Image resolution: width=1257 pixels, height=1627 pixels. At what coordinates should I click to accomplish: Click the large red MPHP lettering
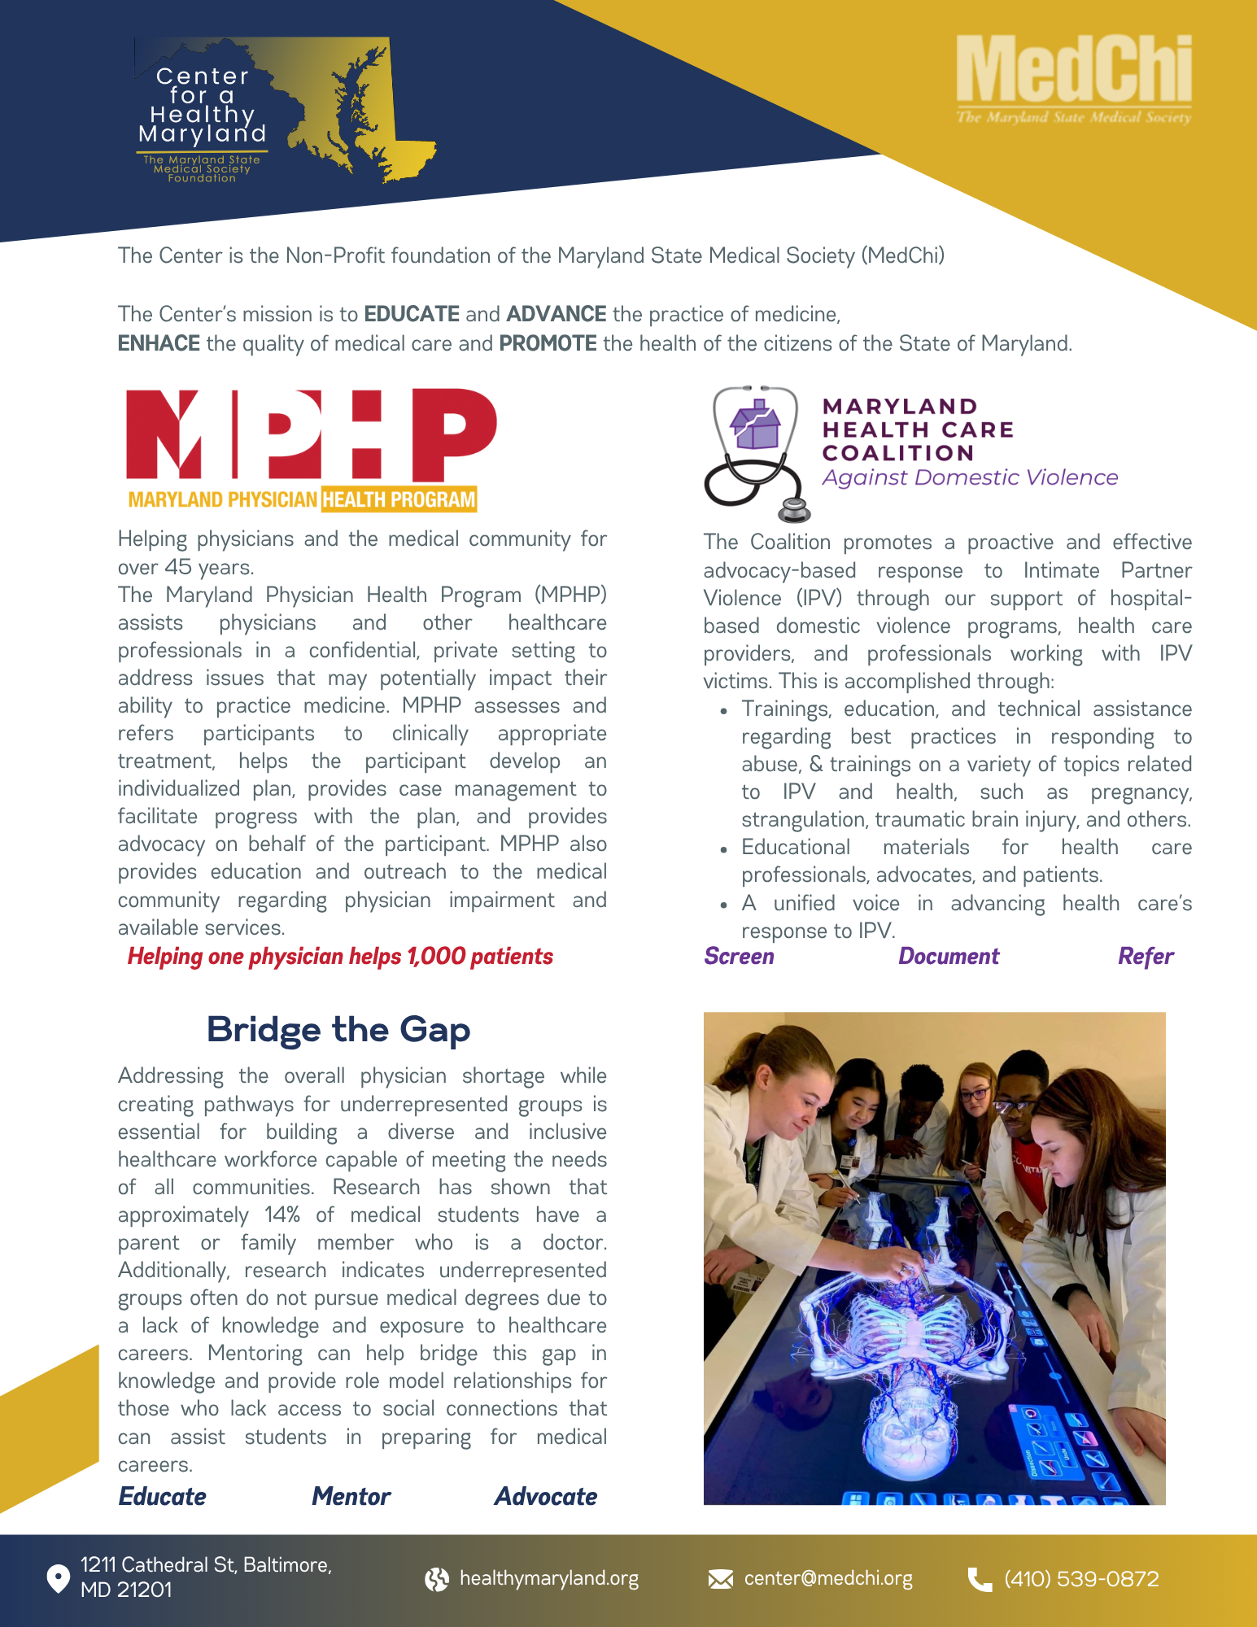click(x=311, y=435)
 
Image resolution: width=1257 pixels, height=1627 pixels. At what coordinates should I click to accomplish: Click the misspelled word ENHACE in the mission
click(x=159, y=343)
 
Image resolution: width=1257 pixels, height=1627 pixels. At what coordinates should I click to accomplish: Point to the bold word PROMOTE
click(x=548, y=343)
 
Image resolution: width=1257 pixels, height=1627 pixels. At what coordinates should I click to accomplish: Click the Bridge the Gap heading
click(x=338, y=1029)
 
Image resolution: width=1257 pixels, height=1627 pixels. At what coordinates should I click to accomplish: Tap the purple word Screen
click(x=739, y=957)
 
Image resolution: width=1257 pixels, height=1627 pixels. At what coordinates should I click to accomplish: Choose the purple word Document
click(x=949, y=957)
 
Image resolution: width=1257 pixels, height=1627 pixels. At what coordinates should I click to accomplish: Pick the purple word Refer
click(x=1146, y=957)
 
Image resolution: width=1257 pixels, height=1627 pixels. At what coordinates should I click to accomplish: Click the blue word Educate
click(x=163, y=1497)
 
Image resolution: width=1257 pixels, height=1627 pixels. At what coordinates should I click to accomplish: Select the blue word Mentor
click(x=351, y=1497)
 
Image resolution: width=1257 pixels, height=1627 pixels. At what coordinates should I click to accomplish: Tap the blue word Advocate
click(x=546, y=1497)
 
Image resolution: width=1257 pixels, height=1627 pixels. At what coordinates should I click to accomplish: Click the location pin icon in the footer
click(x=58, y=1578)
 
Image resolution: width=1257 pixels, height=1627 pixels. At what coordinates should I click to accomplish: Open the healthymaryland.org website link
click(x=549, y=1579)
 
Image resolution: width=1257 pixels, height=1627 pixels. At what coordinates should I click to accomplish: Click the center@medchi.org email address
click(x=828, y=1579)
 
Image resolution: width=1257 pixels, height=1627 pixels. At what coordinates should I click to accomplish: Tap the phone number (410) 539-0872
click(x=1081, y=1579)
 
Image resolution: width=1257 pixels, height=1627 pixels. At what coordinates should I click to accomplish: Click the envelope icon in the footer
click(x=720, y=1579)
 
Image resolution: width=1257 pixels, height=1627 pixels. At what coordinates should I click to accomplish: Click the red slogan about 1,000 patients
click(x=340, y=957)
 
